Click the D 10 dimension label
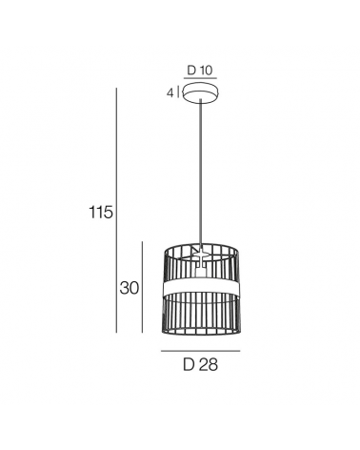[x=200, y=71]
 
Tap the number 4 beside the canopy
[x=170, y=93]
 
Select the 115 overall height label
[x=101, y=212]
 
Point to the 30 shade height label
[x=130, y=288]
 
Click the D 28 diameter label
[x=200, y=364]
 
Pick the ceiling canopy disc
[x=201, y=92]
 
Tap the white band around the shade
[x=201, y=288]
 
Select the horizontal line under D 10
[x=200, y=78]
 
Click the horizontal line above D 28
[x=200, y=351]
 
